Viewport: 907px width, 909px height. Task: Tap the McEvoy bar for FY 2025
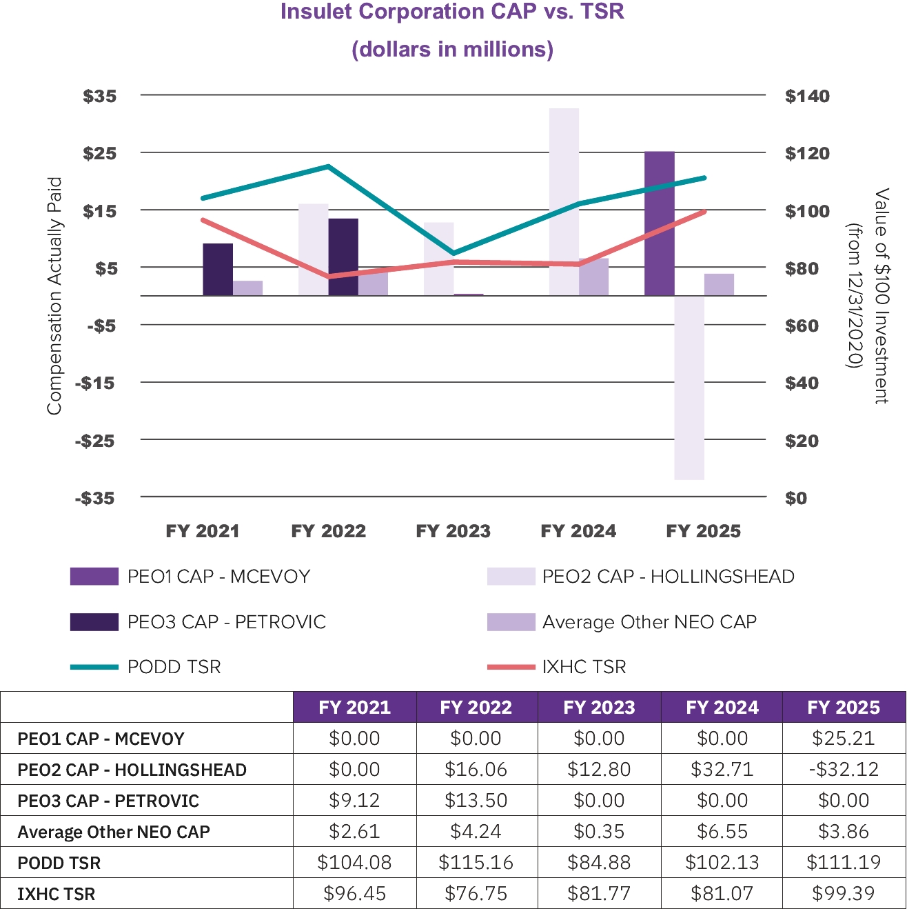[x=660, y=223]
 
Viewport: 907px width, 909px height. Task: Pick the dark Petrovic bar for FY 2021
[x=218, y=270]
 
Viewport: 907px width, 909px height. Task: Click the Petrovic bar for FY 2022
[x=343, y=257]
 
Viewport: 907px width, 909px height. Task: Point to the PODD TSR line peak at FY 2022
[x=329, y=166]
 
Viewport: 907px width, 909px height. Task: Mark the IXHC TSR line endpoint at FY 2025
[x=704, y=212]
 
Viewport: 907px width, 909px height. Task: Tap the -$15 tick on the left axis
[x=95, y=383]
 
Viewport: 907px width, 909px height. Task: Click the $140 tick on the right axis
[x=807, y=96]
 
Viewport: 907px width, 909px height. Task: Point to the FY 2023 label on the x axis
[x=453, y=531]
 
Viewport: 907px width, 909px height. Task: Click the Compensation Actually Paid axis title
[x=54, y=296]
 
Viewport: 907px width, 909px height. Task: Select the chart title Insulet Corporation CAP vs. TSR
[x=452, y=12]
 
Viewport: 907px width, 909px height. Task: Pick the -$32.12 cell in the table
[x=844, y=769]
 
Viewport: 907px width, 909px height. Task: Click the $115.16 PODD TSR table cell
[x=476, y=863]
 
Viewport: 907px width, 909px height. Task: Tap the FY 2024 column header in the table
[x=722, y=708]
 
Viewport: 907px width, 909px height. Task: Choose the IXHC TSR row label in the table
[x=57, y=894]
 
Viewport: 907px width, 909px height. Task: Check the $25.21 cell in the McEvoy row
[x=844, y=739]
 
